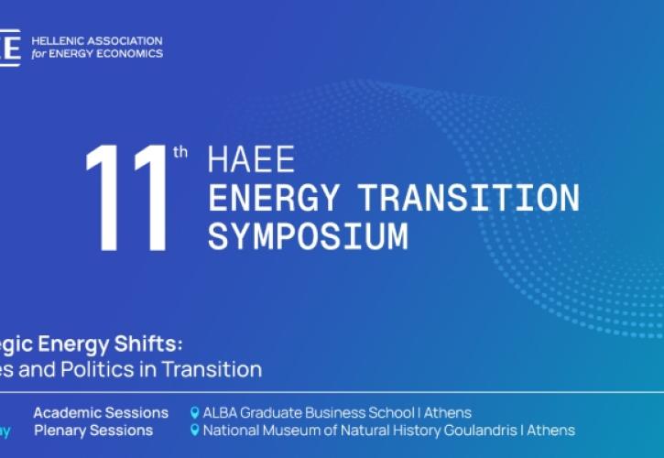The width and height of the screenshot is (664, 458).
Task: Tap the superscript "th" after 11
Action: pos(180,152)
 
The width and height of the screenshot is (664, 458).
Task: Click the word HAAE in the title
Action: pos(251,159)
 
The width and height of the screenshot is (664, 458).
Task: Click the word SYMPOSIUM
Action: pos(307,235)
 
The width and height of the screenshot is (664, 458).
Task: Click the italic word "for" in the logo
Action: pos(38,53)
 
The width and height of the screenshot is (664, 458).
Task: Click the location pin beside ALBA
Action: pos(194,412)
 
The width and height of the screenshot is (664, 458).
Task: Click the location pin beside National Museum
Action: pos(194,430)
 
